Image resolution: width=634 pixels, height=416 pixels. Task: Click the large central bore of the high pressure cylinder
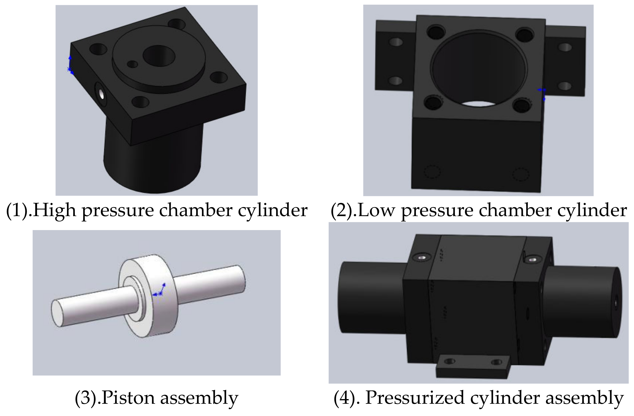(159, 56)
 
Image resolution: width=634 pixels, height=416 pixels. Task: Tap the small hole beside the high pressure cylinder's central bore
(132, 64)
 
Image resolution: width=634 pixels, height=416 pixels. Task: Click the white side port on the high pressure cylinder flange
(101, 94)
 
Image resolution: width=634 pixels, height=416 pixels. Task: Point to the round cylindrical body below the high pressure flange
(152, 165)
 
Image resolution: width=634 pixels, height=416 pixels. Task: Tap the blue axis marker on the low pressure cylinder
(542, 93)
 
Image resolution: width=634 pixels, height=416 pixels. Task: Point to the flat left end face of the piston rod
(56, 313)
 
